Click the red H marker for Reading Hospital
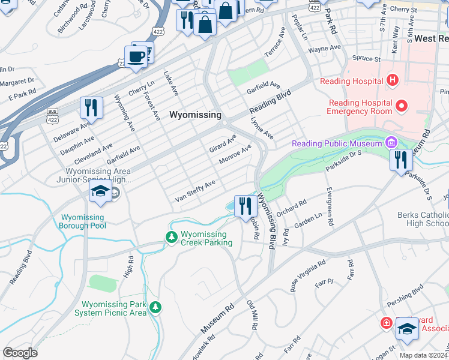[392, 80]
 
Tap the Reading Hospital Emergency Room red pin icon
[402, 107]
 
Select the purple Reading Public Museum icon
[391, 143]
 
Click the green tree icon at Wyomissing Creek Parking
[172, 238]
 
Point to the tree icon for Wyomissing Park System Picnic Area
[155, 308]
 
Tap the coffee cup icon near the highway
[137, 57]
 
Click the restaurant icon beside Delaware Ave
[91, 109]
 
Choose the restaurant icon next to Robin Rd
[246, 206]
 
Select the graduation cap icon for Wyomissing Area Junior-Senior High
[100, 193]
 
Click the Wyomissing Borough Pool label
[82, 221]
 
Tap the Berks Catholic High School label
[423, 219]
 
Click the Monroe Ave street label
[235, 154]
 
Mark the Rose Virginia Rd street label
[308, 275]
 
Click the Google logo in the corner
[20, 353]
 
